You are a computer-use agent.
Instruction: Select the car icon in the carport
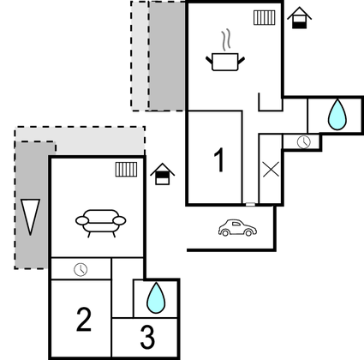[x=237, y=228]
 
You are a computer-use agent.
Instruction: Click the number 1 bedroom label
[x=219, y=160]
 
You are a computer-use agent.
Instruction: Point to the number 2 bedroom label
[x=84, y=320]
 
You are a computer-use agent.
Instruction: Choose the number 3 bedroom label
[x=147, y=337]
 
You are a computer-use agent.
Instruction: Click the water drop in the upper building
[x=337, y=115]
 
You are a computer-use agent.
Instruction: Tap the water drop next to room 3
[x=156, y=297]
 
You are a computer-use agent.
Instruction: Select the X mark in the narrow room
[x=271, y=170]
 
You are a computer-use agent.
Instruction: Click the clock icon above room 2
[x=81, y=269]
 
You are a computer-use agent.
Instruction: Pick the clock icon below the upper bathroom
[x=304, y=141]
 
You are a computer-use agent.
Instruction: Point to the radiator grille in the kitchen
[x=265, y=18]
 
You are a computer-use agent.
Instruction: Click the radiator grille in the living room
[x=126, y=170]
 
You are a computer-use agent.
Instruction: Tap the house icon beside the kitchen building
[x=299, y=18]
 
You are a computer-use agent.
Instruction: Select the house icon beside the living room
[x=163, y=174]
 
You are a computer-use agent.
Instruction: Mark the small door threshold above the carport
[x=250, y=204]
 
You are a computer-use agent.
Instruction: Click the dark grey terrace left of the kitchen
[x=168, y=56]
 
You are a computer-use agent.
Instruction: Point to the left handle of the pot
[x=209, y=60]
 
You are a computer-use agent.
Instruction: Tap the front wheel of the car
[x=248, y=233]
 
